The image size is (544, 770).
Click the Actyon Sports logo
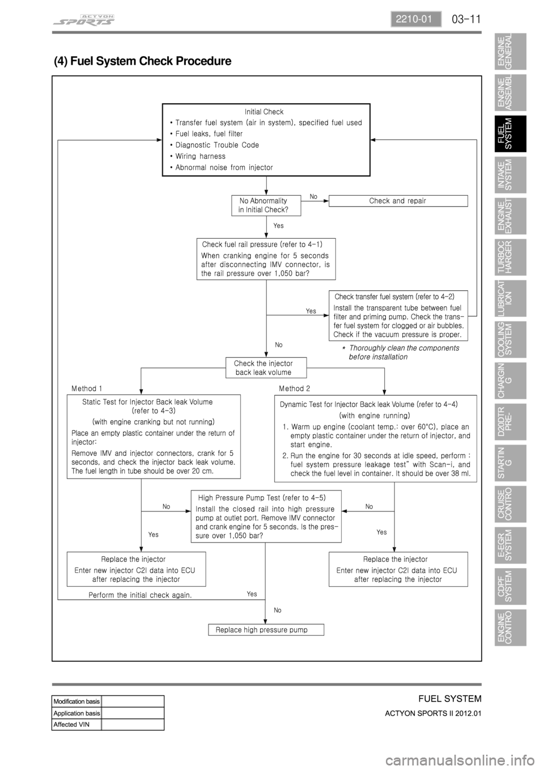tap(84, 20)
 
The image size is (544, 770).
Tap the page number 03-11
tap(466, 19)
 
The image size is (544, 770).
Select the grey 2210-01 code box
tap(415, 19)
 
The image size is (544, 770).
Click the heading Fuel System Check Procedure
tap(143, 61)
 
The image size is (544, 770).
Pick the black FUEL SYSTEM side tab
tap(511, 134)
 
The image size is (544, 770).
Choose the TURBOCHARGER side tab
tap(511, 257)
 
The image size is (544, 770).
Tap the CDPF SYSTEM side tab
tap(511, 586)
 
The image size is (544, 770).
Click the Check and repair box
tap(398, 201)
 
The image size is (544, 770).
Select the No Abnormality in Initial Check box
tap(266, 205)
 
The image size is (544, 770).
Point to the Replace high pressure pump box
tap(266, 630)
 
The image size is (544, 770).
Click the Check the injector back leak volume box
tap(266, 367)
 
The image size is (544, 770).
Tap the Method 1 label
tap(87, 388)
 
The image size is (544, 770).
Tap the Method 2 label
tap(294, 388)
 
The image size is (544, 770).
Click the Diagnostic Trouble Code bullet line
tap(215, 145)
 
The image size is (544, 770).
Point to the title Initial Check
tap(264, 112)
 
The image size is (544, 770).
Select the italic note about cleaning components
tap(401, 352)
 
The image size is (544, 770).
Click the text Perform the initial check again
tap(140, 595)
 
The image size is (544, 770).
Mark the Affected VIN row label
tap(71, 724)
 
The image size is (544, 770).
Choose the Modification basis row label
tap(76, 701)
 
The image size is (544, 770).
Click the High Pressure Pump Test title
tap(262, 498)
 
